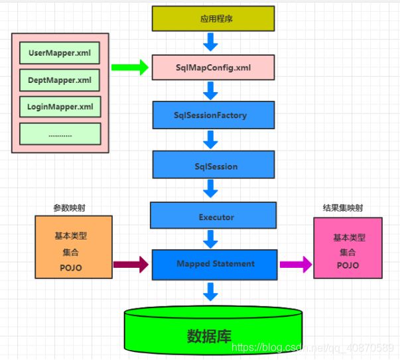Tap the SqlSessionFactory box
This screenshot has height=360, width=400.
click(x=213, y=115)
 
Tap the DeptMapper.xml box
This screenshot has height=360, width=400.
click(x=60, y=80)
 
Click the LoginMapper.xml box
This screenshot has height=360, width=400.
click(x=60, y=106)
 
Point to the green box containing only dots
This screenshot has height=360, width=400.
click(x=60, y=134)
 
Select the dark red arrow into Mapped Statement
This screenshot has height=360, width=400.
click(x=131, y=265)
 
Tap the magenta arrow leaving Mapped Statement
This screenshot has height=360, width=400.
click(x=295, y=265)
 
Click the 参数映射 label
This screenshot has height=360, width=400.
click(x=69, y=208)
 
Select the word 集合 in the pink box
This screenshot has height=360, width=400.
click(x=348, y=252)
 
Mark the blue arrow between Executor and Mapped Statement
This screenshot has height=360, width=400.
click(x=211, y=239)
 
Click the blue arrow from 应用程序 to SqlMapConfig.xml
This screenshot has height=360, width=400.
click(x=211, y=43)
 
